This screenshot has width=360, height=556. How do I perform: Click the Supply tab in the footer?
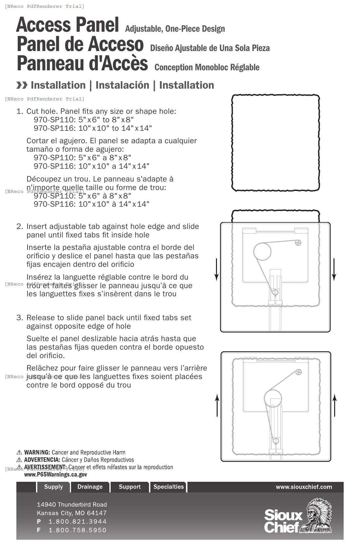coord(53,487)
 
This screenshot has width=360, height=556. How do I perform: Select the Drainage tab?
coord(90,487)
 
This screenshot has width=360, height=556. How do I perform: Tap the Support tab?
coord(130,487)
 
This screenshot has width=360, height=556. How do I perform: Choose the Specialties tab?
coord(169,487)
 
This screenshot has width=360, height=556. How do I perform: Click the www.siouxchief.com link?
coord(304,487)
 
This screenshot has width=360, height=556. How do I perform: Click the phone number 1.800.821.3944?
coord(78,521)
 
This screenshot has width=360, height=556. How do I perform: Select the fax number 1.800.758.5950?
coord(78,530)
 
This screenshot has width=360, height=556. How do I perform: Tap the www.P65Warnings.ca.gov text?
coord(56,475)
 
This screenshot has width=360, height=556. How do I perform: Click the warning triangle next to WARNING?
coord(19,453)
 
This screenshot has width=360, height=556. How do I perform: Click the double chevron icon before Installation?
coord(22,85)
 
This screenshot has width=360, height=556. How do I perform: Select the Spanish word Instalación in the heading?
coord(122,85)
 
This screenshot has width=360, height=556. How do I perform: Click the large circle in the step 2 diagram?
coord(262,252)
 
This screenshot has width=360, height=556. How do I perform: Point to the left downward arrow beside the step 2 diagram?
coord(216,269)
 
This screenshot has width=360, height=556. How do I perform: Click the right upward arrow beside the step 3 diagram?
coord(334,405)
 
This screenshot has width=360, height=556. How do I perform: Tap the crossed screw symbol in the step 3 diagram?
coord(298,372)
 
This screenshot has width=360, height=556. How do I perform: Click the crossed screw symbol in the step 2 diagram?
coord(298,243)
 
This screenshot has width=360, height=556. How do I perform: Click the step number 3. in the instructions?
coord(20,318)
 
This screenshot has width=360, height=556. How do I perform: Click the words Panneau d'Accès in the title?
coord(82,63)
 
